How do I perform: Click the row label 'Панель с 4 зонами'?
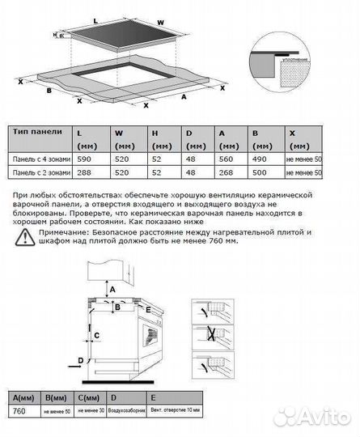click(x=38, y=161)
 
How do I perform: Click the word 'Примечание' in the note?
click(x=53, y=232)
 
